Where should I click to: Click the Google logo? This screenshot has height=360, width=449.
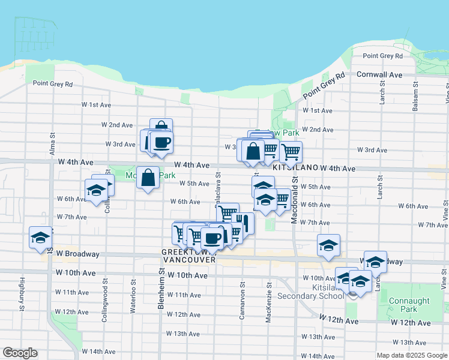tap(20, 353)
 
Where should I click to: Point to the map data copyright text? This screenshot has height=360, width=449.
tap(412, 355)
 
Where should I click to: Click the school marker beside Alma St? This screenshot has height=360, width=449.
tap(40, 238)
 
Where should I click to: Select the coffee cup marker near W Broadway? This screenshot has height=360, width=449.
tap(212, 238)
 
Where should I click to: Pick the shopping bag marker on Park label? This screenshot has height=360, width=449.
tap(148, 177)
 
